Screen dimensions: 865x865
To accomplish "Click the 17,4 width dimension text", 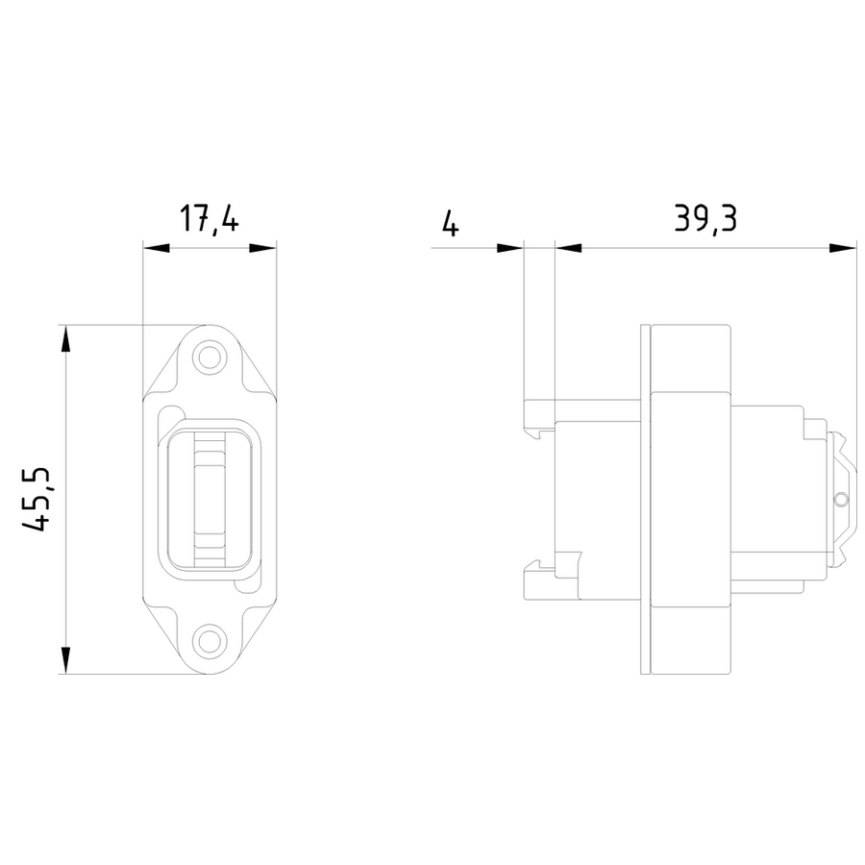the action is tap(210, 219).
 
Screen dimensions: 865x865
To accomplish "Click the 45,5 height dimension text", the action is tap(36, 499).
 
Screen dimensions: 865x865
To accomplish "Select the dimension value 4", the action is tap(451, 223).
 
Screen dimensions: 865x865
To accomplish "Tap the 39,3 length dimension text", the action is tap(705, 218).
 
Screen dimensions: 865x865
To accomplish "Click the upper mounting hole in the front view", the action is tap(210, 357).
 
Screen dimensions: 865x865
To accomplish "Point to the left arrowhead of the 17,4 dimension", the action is tap(156, 248).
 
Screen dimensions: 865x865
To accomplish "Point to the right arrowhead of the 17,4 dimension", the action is tap(262, 248).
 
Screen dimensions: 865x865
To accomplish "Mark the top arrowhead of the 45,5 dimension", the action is tap(65, 338).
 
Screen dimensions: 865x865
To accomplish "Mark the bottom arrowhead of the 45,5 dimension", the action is tap(65, 660).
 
